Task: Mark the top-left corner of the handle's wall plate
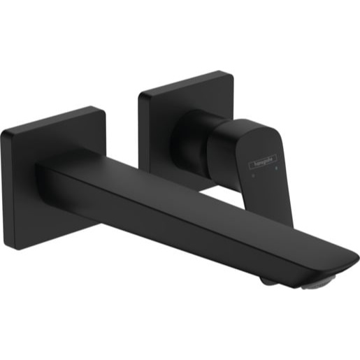coord(141,93)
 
